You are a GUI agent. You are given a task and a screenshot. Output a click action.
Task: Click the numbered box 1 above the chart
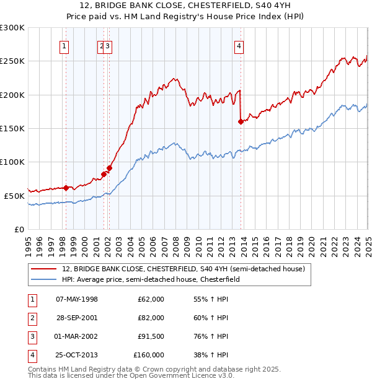click(x=64, y=45)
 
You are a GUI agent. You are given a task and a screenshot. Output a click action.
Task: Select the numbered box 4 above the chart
click(x=239, y=45)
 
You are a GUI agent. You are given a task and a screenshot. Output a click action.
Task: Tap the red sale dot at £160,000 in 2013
click(x=241, y=122)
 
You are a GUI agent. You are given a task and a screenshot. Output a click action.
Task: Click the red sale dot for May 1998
click(x=66, y=188)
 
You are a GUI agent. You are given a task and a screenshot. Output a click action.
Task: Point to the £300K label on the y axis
click(x=12, y=28)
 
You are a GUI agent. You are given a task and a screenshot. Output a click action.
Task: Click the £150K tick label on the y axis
click(x=12, y=128)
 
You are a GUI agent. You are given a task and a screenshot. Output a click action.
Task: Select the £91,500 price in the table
click(x=151, y=336)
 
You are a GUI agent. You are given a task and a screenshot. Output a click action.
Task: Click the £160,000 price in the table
click(x=149, y=355)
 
